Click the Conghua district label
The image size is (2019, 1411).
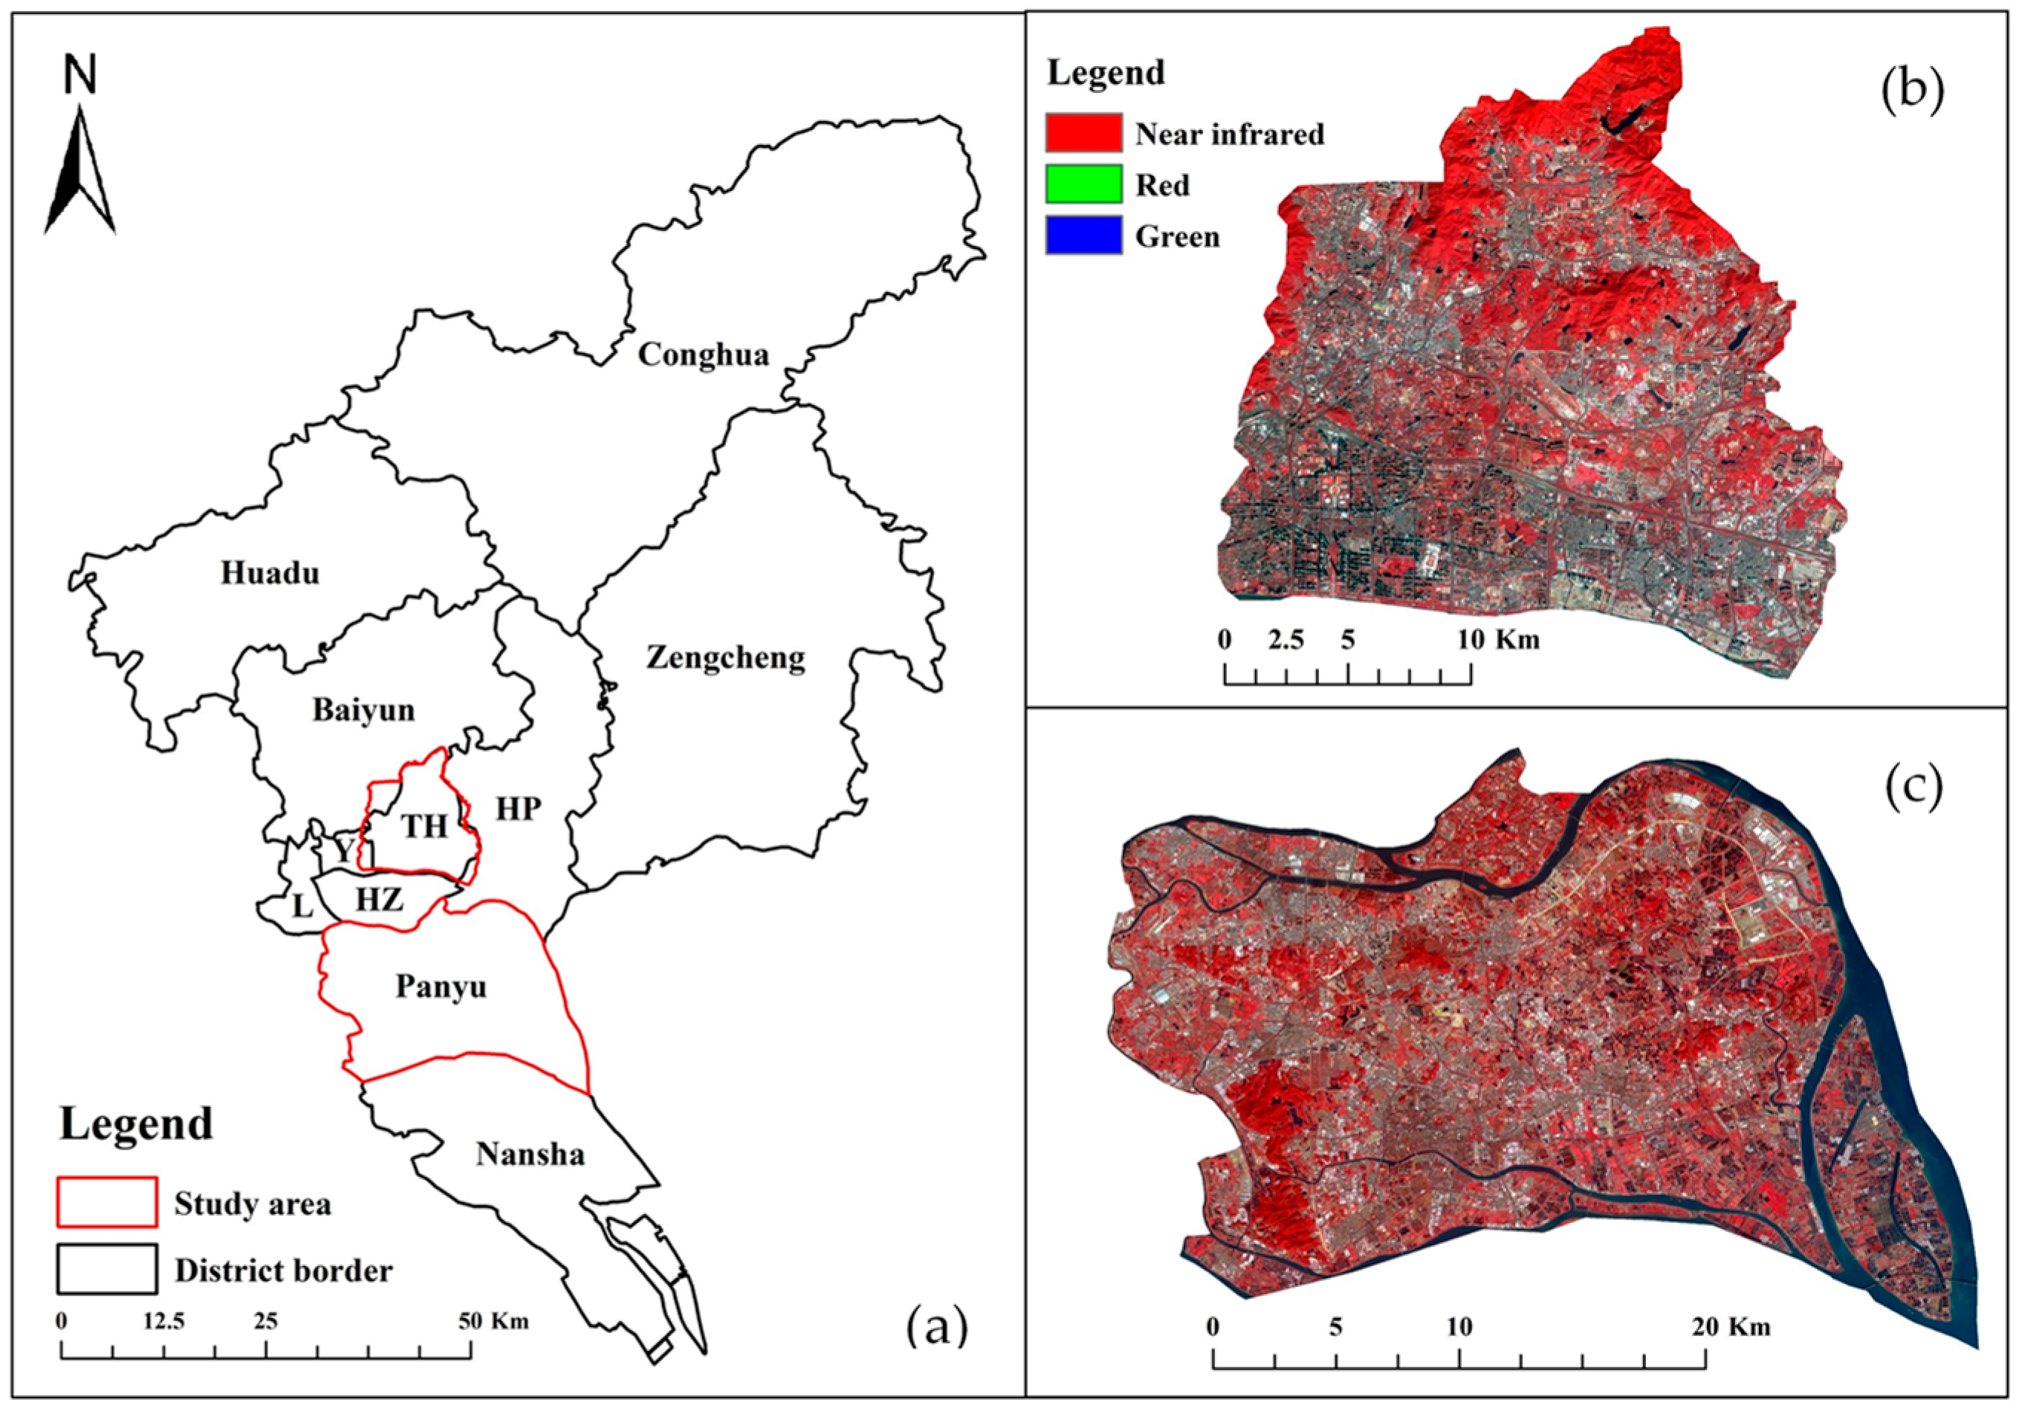click(x=703, y=354)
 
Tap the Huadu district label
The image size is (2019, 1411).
click(x=269, y=573)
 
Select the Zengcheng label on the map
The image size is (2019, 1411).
click(x=725, y=658)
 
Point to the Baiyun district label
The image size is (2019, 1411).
click(x=363, y=710)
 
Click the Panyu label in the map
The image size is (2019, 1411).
click(x=441, y=987)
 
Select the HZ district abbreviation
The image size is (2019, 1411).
click(x=380, y=899)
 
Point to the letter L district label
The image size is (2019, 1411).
click(x=302, y=906)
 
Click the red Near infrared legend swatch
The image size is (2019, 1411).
click(x=1083, y=133)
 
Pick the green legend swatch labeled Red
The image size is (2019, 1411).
click(x=1083, y=184)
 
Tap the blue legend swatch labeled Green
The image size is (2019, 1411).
click(x=1083, y=236)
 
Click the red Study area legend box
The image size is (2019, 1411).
click(x=107, y=1201)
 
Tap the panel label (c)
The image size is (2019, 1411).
click(x=1913, y=788)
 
